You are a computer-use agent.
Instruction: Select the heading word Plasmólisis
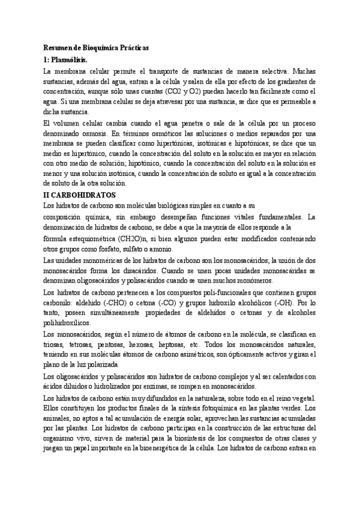[70, 59]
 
